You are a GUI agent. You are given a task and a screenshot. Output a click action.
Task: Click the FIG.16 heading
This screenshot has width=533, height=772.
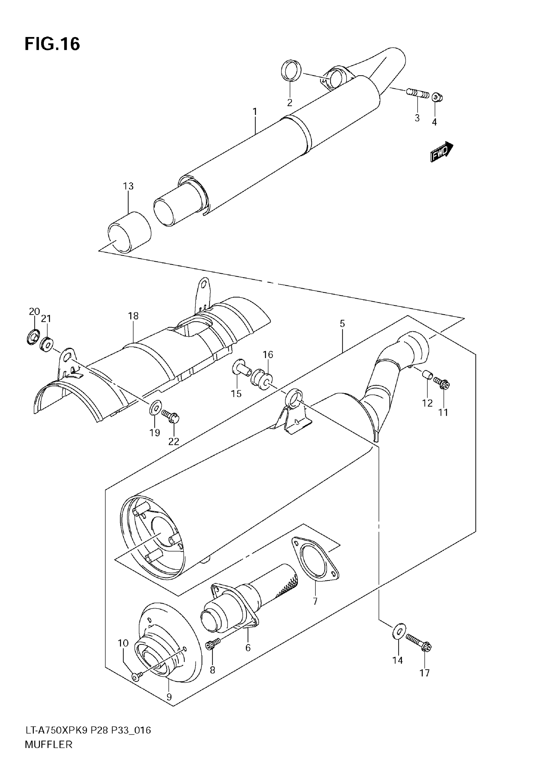tap(52, 44)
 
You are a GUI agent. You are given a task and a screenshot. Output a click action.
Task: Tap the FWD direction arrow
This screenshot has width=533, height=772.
tap(441, 152)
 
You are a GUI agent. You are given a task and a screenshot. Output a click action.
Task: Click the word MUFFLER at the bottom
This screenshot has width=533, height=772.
tap(48, 754)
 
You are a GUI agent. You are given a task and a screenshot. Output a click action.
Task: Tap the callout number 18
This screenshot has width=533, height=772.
tap(133, 316)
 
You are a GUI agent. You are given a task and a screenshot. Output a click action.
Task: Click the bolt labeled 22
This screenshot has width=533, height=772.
tap(171, 416)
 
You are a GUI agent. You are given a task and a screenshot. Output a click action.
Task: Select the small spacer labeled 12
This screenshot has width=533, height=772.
tap(427, 375)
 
